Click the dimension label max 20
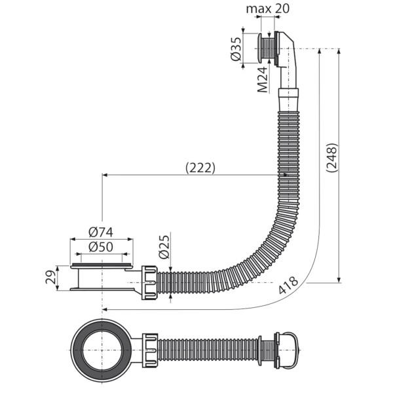(x=268, y=9)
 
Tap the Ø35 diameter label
(x=236, y=49)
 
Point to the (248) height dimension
(x=332, y=158)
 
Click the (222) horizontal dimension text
(x=200, y=168)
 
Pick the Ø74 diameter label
(x=101, y=233)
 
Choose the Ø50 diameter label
(x=101, y=247)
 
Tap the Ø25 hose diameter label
(x=164, y=247)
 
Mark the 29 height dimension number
(x=51, y=277)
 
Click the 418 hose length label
(x=288, y=285)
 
